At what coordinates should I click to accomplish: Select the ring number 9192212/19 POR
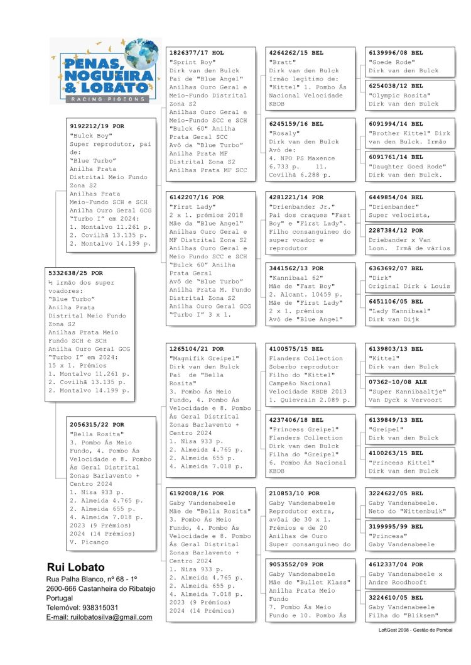tap(97, 126)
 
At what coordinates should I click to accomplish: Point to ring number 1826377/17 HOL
tap(197, 53)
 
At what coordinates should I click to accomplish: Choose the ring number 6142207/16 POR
tap(197, 197)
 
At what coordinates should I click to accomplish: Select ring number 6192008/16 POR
tap(197, 493)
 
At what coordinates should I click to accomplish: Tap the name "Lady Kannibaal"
tap(399, 311)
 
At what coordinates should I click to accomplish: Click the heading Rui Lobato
tap(76, 567)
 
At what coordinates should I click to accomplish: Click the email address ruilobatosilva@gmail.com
tap(99, 617)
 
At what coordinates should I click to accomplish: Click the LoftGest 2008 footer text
tap(415, 629)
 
